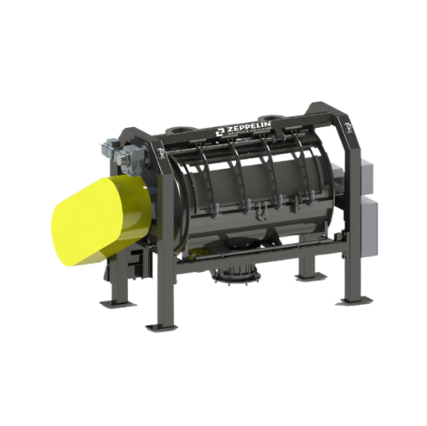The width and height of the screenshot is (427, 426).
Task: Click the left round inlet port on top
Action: pyautogui.click(x=182, y=130)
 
